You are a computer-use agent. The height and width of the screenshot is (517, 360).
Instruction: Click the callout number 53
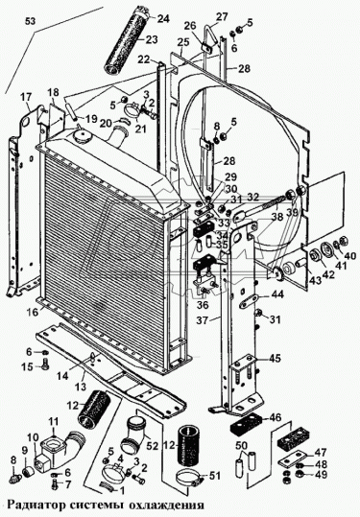[30, 21]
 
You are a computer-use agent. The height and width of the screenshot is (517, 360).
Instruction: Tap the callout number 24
[163, 19]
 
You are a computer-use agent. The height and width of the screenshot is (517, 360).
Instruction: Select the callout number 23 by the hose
[152, 39]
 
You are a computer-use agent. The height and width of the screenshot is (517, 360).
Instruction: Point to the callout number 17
[26, 97]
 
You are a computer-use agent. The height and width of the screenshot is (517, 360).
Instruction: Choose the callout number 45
[276, 358]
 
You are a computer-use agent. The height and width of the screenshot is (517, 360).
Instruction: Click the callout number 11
[54, 421]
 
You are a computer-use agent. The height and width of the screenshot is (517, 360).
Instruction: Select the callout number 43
[315, 280]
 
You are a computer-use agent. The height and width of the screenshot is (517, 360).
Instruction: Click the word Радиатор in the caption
[35, 505]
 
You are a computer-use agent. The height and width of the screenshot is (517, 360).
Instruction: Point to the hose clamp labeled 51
[189, 477]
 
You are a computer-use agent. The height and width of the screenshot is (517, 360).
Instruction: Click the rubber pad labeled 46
[246, 423]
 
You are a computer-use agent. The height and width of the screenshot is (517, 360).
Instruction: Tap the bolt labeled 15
[45, 364]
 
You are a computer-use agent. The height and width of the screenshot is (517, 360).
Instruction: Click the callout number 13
[81, 386]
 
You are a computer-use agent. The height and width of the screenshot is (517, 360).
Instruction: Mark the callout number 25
[182, 42]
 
